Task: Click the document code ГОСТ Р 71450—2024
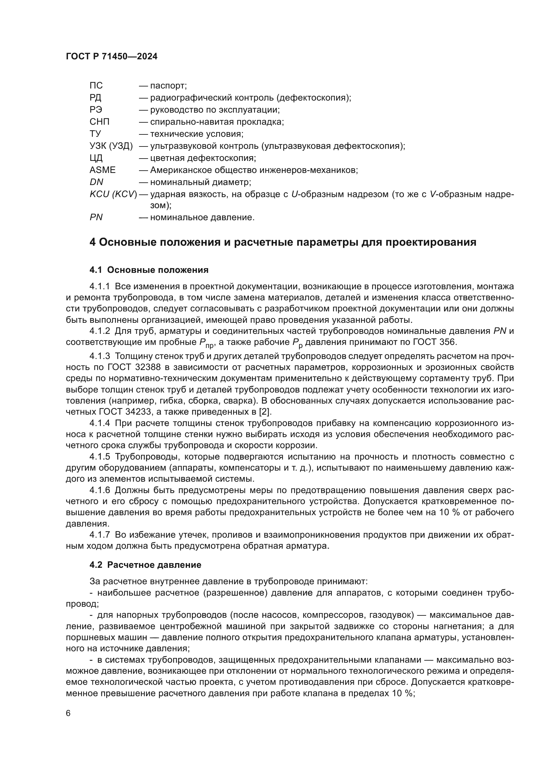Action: click(x=112, y=57)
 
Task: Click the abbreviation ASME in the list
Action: click(x=102, y=170)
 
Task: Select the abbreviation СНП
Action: click(x=99, y=122)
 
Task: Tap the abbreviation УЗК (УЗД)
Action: click(x=111, y=146)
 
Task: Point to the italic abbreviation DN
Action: click(x=96, y=182)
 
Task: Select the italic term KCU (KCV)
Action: click(x=113, y=194)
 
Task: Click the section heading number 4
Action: click(x=92, y=242)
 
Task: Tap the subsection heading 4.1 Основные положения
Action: click(x=149, y=270)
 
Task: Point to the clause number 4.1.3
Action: click(x=99, y=356)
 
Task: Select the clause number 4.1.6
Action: click(x=99, y=490)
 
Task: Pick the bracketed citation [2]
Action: click(x=265, y=412)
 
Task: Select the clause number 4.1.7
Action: click(x=99, y=535)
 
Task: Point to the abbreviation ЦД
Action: click(x=96, y=158)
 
